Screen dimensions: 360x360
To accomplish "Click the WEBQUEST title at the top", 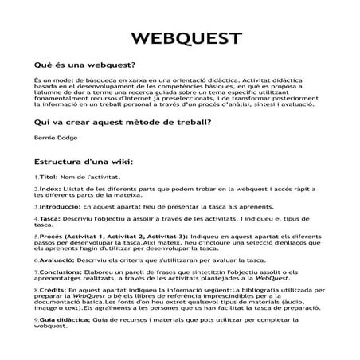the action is [179, 39].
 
